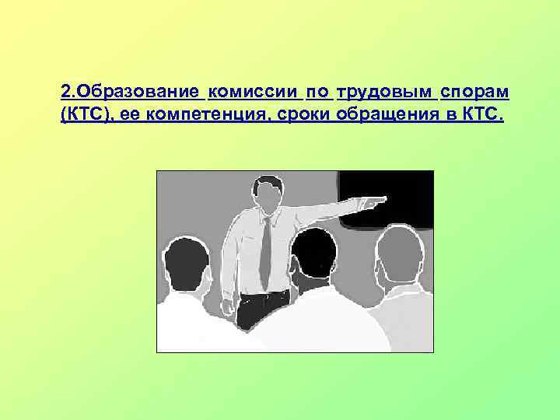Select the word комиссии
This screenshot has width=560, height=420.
tap(254, 93)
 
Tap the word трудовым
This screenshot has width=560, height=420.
tap(385, 93)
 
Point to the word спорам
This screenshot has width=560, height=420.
tap(474, 93)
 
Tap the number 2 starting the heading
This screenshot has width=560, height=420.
tap(64, 93)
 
